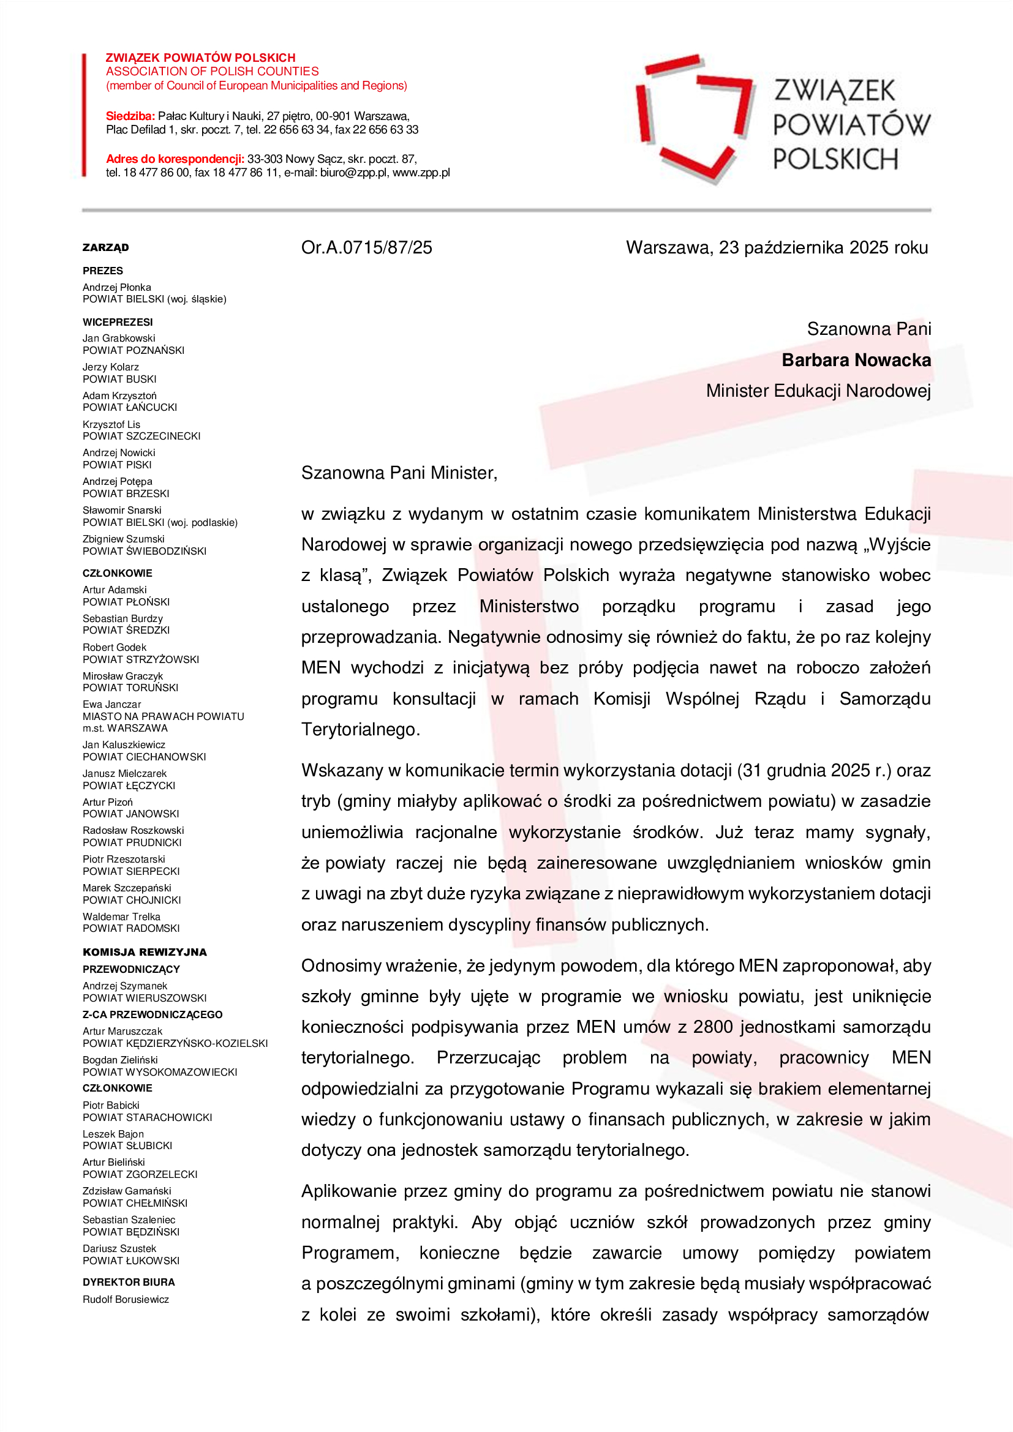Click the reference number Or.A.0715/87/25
coord(366,247)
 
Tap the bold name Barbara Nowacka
coord(856,360)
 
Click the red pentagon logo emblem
coord(695,119)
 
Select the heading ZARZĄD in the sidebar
coord(105,247)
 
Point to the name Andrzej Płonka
coord(116,288)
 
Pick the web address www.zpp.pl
coord(421,173)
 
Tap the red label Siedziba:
coord(130,116)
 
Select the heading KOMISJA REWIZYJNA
coord(145,952)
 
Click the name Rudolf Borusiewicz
coord(126,1299)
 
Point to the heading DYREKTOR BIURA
coord(129,1283)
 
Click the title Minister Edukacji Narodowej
coord(818,391)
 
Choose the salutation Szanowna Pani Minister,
coord(399,473)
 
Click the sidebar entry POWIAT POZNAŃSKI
coord(134,351)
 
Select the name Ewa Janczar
coord(111,704)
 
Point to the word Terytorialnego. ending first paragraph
coord(361,729)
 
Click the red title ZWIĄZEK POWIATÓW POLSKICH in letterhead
coord(200,58)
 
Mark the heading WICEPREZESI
coord(117,322)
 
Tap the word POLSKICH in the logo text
coord(835,160)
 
